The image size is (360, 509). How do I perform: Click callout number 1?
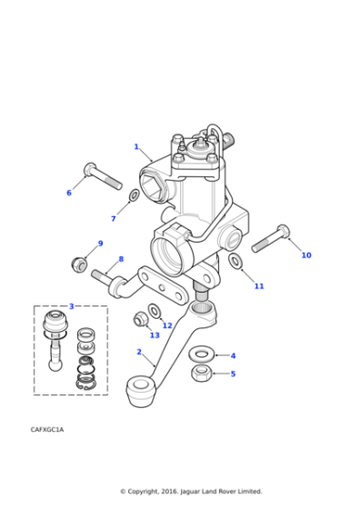[136, 146]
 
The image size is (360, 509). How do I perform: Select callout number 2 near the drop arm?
[139, 352]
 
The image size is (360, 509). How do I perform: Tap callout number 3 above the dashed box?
[71, 306]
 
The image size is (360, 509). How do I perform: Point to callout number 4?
[233, 355]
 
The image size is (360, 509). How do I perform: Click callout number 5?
[233, 374]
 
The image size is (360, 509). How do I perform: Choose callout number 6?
[68, 193]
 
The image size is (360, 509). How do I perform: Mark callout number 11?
[259, 286]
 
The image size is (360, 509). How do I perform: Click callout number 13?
[155, 335]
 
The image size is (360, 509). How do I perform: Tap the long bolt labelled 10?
[270, 238]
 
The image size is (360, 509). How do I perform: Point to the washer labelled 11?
[235, 263]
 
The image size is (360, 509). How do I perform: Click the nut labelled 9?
[79, 264]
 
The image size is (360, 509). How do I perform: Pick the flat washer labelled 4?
[201, 354]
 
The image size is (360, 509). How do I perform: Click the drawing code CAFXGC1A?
[46, 428]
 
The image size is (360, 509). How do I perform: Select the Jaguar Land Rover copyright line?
[191, 492]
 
